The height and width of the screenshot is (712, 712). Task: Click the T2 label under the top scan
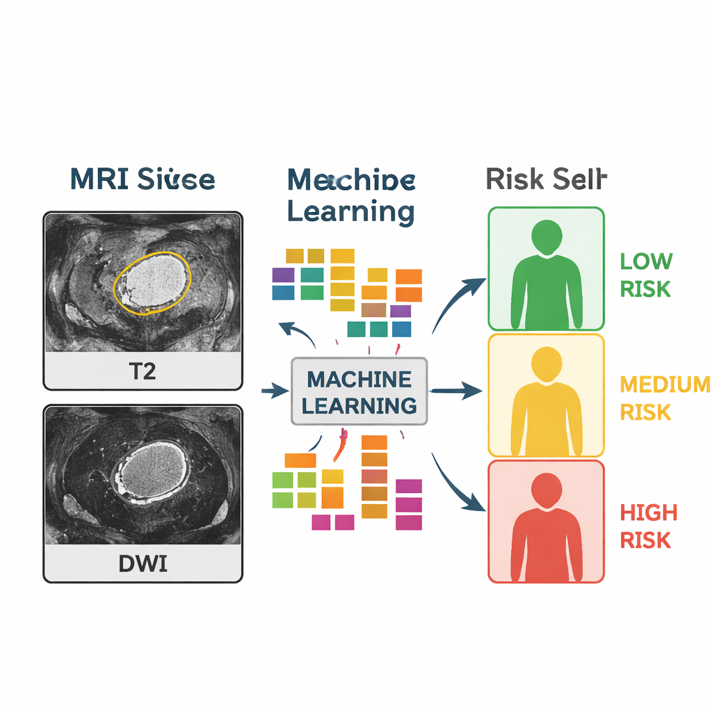pos(143,371)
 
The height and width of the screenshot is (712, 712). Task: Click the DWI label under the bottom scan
pos(143,563)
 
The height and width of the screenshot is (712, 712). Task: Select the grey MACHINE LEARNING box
pos(359,391)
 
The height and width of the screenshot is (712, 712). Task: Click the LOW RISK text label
pos(646,275)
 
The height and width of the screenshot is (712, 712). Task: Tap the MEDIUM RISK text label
pos(664,398)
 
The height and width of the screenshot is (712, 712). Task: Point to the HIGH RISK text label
pos(648,526)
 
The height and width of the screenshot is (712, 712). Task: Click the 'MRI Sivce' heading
pos(143,179)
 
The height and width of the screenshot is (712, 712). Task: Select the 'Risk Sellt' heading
pos(546,179)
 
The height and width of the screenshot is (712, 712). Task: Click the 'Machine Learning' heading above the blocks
pos(351,195)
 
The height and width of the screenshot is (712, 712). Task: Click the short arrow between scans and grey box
pos(275,391)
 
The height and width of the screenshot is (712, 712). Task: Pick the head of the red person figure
pos(547,488)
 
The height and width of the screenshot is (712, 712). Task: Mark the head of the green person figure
pos(547,237)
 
